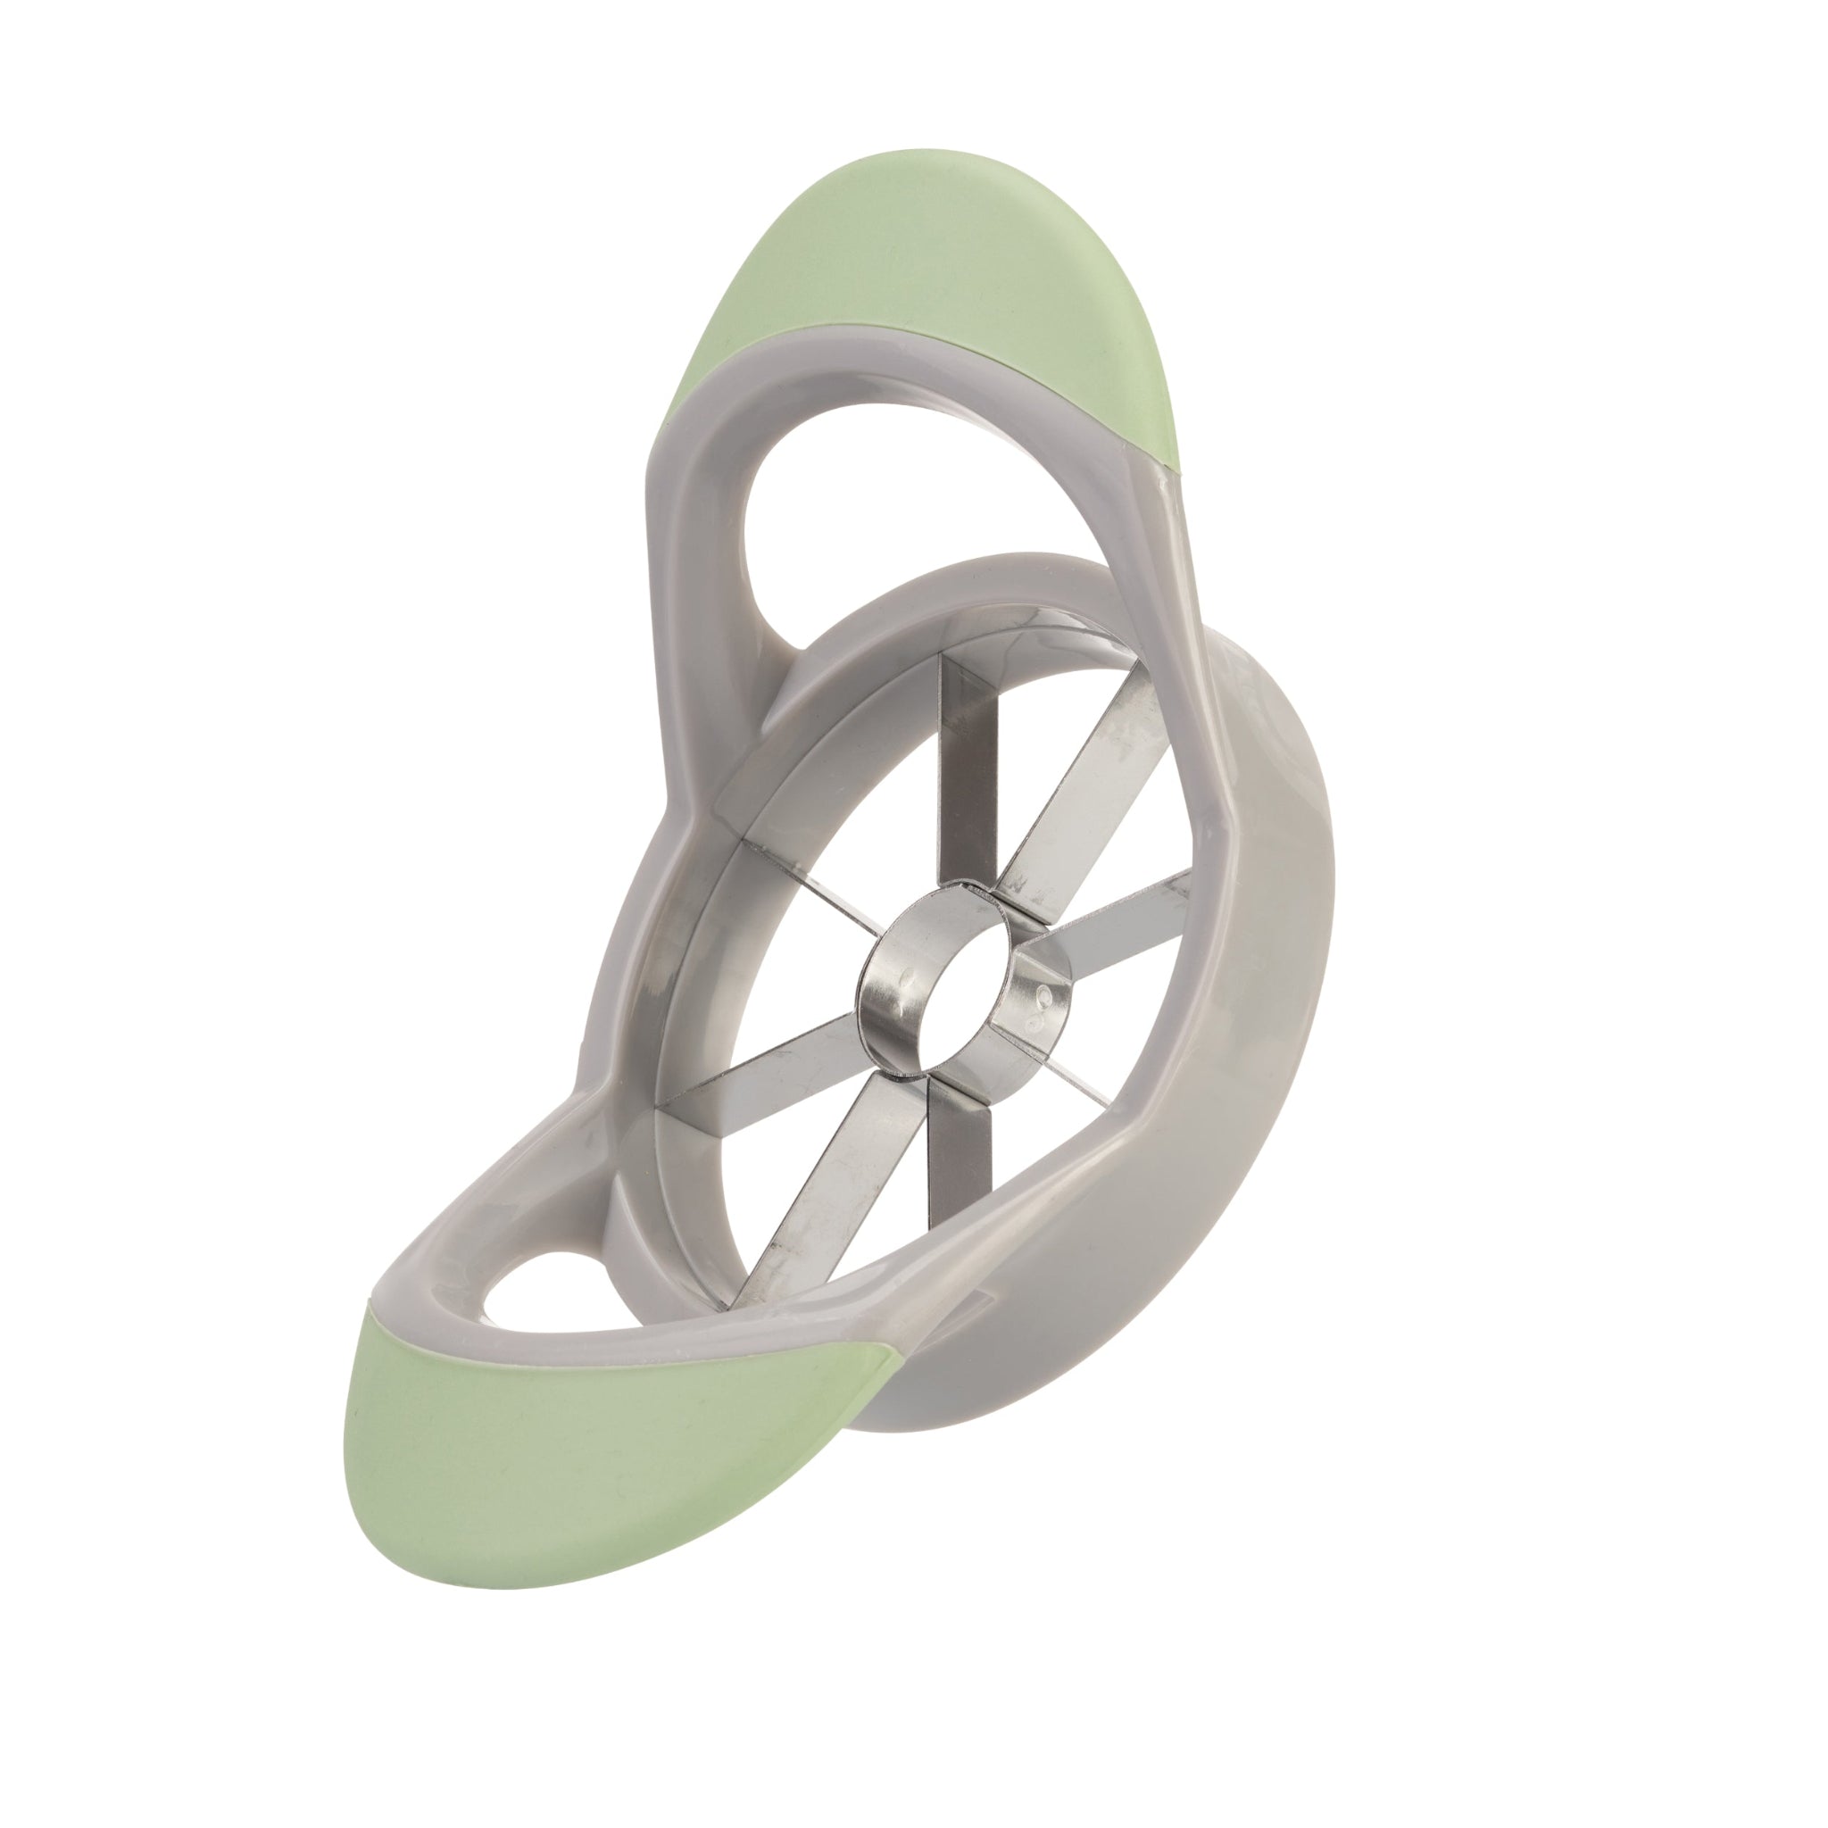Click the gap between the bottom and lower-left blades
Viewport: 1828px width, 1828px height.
(889, 1220)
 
